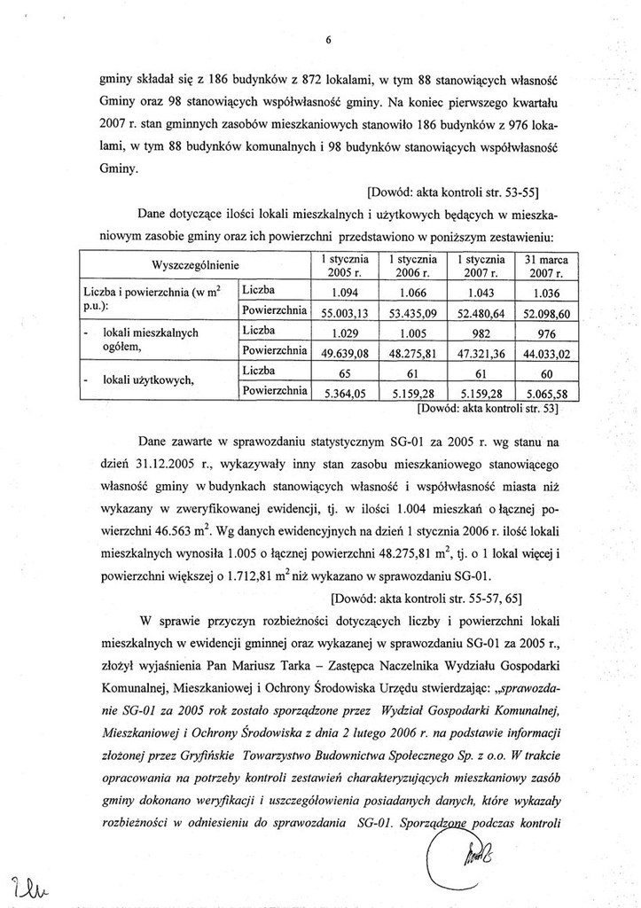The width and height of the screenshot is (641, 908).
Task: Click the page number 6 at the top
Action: pyautogui.click(x=327, y=40)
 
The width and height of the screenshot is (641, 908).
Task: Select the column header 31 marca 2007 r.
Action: pyautogui.click(x=546, y=265)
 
